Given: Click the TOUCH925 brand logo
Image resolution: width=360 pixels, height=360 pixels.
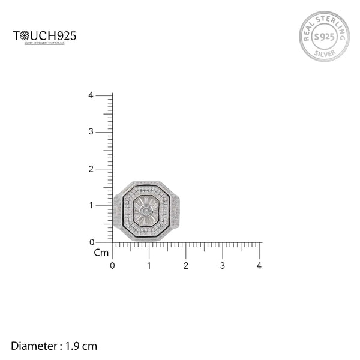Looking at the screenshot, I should [x=44, y=36].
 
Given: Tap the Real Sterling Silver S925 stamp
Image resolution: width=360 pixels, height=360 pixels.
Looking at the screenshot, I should [x=324, y=37].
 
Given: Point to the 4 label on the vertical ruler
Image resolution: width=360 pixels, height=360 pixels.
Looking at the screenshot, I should [x=90, y=95].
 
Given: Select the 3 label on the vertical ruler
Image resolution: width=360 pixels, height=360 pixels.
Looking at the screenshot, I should [x=90, y=131].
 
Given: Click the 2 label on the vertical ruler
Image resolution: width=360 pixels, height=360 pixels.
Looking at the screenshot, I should [x=90, y=169].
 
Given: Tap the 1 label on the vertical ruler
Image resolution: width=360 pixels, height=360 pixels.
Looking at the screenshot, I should [x=90, y=205].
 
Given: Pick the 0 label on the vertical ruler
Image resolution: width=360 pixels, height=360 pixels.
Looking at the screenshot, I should [x=90, y=242].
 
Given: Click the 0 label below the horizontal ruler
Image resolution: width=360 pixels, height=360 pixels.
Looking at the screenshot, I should [x=112, y=265].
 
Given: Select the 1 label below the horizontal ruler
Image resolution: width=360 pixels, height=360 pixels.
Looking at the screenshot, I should [x=149, y=265].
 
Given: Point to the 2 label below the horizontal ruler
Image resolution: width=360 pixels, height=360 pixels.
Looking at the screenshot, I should [x=185, y=265].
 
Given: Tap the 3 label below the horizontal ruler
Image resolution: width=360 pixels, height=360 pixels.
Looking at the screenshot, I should [x=223, y=265].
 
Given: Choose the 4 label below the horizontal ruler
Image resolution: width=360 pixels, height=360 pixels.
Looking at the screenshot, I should [x=259, y=265].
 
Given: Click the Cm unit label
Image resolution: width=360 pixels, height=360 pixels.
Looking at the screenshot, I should [x=101, y=253].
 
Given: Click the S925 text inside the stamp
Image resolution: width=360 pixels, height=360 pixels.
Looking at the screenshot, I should [x=324, y=37].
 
